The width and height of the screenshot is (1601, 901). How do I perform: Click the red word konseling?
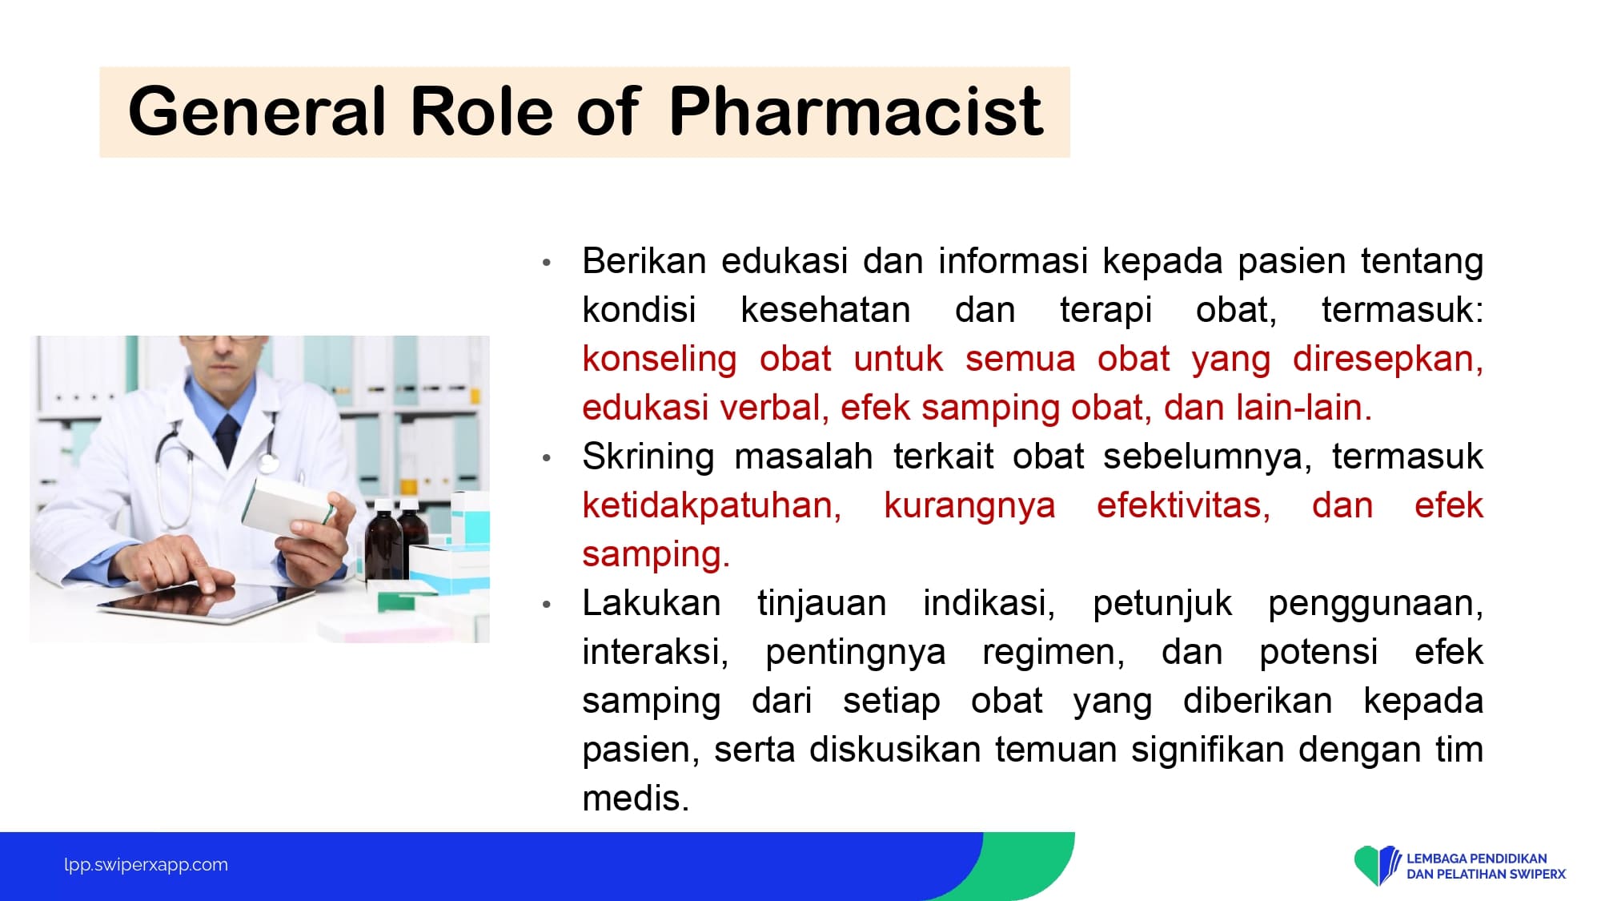tap(660, 360)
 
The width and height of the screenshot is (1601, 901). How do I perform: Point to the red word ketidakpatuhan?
tap(712, 506)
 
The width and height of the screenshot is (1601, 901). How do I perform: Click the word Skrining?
tap(648, 457)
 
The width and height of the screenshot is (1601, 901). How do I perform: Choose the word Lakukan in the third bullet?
tap(652, 603)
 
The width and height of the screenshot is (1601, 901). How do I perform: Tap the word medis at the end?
tap(636, 798)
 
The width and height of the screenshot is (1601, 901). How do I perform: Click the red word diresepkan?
tap(1388, 360)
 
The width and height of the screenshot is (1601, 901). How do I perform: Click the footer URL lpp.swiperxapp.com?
tap(146, 865)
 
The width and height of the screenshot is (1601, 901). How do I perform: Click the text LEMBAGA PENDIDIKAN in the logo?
tap(1476, 859)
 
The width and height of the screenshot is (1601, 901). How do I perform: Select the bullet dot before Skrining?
tap(547, 458)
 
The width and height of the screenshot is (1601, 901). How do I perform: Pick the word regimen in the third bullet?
tap(1053, 653)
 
